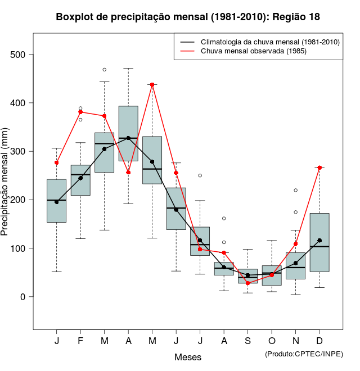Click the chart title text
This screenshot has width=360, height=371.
tap(188, 17)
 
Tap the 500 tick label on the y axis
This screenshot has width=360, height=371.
tap(19, 55)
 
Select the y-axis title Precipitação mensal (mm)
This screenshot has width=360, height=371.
tap(5, 188)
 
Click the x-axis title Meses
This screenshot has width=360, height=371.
tap(188, 357)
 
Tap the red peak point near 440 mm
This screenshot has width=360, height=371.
tap(152, 84)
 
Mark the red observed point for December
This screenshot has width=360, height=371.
tap(319, 168)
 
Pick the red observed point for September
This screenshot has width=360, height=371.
tap(247, 283)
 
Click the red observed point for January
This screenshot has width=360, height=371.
tap(56, 162)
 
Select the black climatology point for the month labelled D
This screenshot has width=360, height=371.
tap(319, 241)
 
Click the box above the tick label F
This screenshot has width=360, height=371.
tap(80, 180)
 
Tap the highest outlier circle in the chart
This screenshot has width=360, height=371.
tap(105, 70)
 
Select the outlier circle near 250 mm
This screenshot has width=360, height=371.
tap(200, 175)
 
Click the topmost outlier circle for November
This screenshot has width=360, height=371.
tap(296, 190)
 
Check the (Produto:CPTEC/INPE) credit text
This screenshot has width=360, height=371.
tap(304, 354)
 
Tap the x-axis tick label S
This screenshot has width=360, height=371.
tap(247, 341)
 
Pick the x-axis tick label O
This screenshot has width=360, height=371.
tap(272, 341)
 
